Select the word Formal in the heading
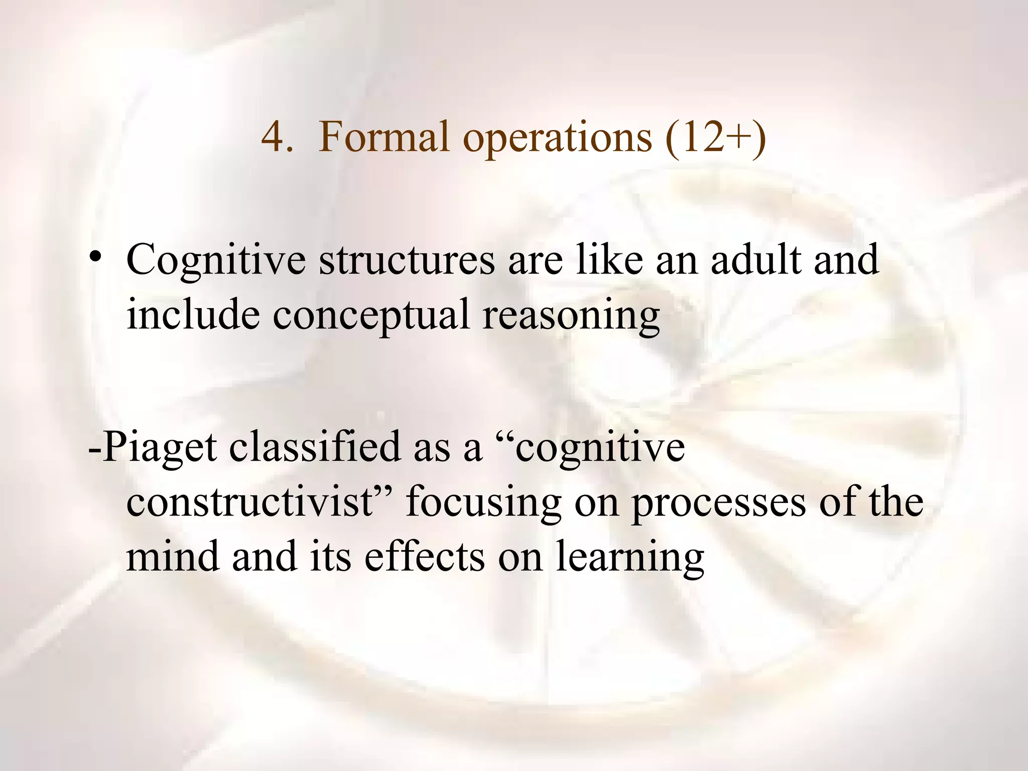tap(383, 137)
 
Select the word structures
tap(407, 260)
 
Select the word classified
tap(315, 447)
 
